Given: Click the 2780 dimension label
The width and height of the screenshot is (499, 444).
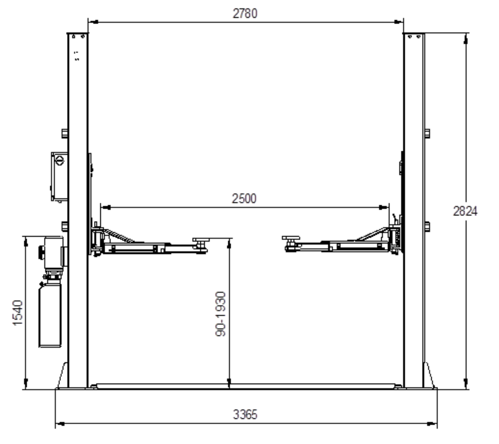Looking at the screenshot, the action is pyautogui.click(x=245, y=13).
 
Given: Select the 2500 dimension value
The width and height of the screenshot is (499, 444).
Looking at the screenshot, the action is pyautogui.click(x=244, y=199).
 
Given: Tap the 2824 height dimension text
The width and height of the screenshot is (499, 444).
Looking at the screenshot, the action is pyautogui.click(x=465, y=211).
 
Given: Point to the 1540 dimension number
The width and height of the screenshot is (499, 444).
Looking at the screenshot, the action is pyautogui.click(x=18, y=313).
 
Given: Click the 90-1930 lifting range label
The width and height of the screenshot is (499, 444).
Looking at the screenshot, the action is pyautogui.click(x=221, y=314).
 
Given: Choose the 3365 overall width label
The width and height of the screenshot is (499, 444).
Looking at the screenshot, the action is pyautogui.click(x=245, y=415).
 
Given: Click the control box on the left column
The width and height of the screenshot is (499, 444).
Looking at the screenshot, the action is pyautogui.click(x=59, y=177).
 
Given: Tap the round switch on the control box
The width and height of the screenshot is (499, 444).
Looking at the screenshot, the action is pyautogui.click(x=59, y=161).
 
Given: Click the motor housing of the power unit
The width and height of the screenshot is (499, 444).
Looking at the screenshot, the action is pyautogui.click(x=54, y=253).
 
